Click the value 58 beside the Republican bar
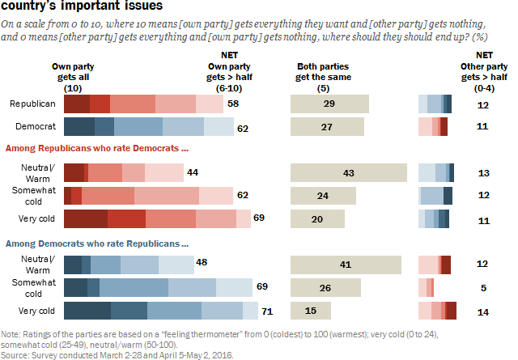point(233,104)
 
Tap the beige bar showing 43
point(348,173)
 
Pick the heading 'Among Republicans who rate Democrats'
point(97,149)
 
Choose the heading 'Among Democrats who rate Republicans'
point(97,243)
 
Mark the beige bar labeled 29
point(329,104)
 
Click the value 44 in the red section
point(193,173)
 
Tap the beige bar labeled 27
point(328,126)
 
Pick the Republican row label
point(32,104)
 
